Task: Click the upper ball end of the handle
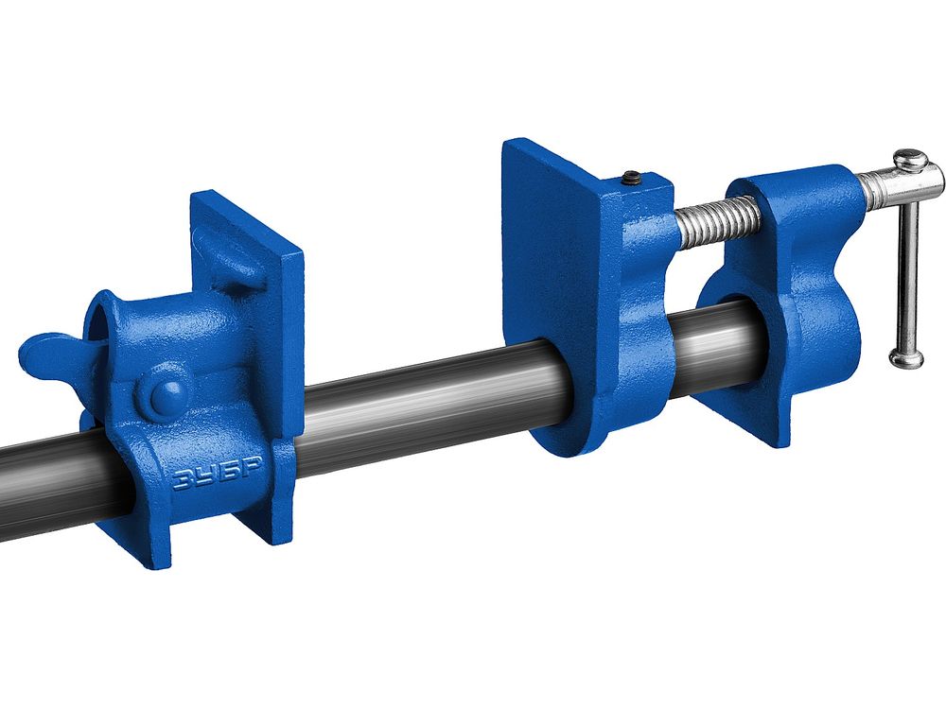(910, 160)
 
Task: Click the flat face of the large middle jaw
(549, 271)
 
